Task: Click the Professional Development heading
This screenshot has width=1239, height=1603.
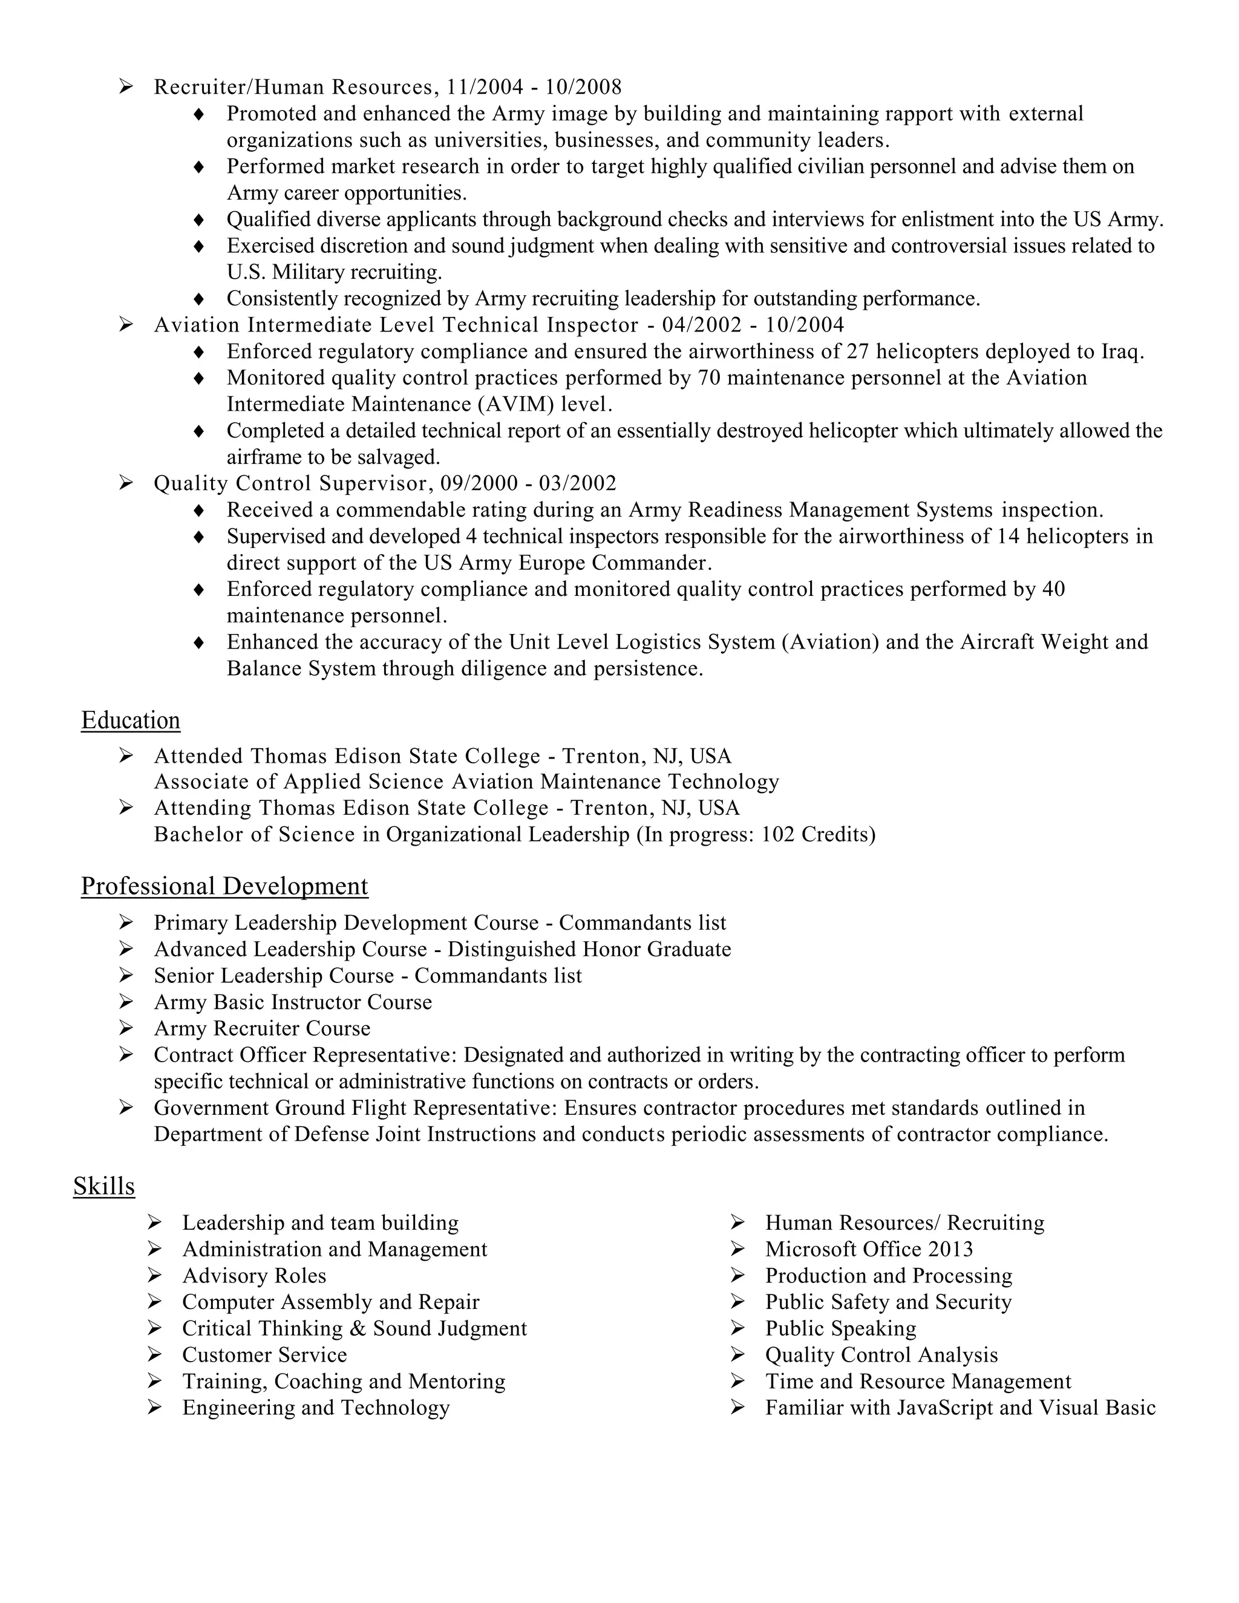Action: [x=224, y=886]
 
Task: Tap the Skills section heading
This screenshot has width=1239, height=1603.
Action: [x=104, y=1186]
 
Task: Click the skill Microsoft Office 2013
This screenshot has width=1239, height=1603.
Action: [x=869, y=1249]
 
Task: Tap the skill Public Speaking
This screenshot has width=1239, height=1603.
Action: [x=840, y=1328]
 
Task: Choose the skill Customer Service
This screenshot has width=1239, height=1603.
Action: [x=264, y=1355]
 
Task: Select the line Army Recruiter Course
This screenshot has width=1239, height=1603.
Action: [x=262, y=1028]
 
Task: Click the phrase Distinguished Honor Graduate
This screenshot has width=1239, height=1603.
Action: [x=589, y=949]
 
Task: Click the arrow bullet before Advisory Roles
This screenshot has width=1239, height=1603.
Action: [x=154, y=1276]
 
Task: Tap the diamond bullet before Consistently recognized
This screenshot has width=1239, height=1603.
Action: [x=198, y=299]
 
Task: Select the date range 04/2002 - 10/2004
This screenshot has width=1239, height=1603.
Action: [x=753, y=325]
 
